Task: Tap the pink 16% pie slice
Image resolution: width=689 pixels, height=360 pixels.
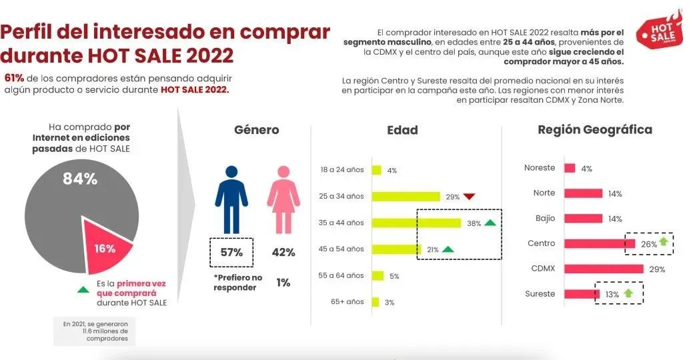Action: (105, 243)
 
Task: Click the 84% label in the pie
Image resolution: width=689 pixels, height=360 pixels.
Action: (80, 179)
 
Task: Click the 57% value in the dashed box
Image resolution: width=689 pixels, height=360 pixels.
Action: (231, 253)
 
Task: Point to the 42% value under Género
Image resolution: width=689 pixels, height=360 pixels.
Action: (283, 253)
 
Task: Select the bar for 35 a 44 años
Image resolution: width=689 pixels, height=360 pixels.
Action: (416, 223)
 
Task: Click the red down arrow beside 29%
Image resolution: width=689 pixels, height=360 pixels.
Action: (470, 197)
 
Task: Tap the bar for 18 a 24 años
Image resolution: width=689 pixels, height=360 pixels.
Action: (377, 170)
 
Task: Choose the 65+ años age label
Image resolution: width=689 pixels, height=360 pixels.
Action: (348, 302)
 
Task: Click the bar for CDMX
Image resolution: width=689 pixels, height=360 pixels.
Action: (604, 269)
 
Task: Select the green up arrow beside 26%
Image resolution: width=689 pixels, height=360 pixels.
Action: (664, 243)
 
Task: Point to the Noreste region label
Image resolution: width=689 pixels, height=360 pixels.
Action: (540, 168)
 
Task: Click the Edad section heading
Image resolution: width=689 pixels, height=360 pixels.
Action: (402, 130)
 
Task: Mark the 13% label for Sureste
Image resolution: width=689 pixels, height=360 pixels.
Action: (612, 294)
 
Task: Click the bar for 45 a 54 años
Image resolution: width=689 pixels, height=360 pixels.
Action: (396, 249)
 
